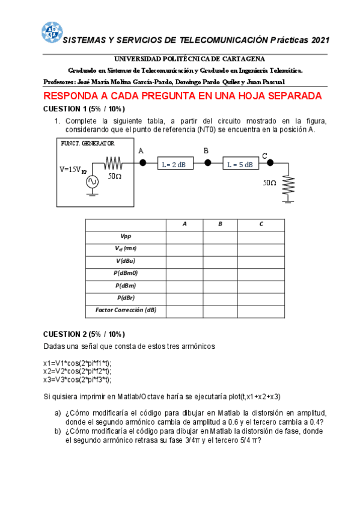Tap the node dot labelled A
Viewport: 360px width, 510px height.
click(x=142, y=163)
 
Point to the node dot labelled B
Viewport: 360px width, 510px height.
click(x=207, y=163)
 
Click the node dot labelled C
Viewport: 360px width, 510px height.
click(x=270, y=162)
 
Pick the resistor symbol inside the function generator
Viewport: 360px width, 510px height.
click(x=114, y=163)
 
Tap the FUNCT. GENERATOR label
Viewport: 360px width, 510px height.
click(x=88, y=143)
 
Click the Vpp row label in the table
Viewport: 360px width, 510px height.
click(x=126, y=237)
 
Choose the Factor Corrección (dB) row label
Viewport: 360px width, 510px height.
click(x=126, y=310)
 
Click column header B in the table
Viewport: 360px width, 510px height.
click(x=221, y=224)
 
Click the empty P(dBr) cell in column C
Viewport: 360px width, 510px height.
click(x=261, y=298)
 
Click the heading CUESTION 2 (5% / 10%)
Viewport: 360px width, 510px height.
click(x=84, y=334)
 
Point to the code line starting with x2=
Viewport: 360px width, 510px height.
click(x=78, y=372)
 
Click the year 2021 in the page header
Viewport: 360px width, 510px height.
click(x=320, y=40)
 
